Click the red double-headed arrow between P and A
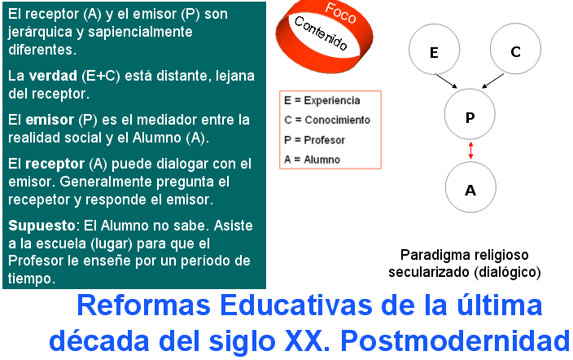(x=470, y=151)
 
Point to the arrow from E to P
(x=446, y=81)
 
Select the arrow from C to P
(x=492, y=81)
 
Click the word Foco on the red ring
(x=340, y=13)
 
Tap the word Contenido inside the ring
(x=321, y=33)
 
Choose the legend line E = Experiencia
(x=322, y=101)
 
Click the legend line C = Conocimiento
(x=327, y=120)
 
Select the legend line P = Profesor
(x=314, y=140)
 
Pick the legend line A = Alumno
(x=312, y=160)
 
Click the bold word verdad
(x=53, y=76)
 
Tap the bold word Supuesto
(x=42, y=226)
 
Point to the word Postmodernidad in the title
(x=455, y=341)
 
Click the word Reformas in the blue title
(x=143, y=305)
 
